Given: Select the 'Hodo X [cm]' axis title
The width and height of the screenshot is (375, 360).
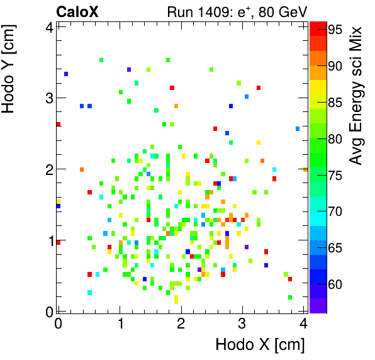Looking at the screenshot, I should click(260, 345).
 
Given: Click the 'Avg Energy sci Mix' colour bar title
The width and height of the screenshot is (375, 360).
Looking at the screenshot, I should click(357, 96).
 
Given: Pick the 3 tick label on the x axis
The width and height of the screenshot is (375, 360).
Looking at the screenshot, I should click(243, 324).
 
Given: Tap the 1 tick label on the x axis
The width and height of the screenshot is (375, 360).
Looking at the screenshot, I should click(120, 324).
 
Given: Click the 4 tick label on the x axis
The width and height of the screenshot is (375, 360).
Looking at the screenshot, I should click(304, 324).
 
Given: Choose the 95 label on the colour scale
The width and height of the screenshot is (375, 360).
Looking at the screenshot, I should click(334, 29).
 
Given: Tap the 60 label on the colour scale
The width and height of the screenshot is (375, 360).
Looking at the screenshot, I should click(334, 284).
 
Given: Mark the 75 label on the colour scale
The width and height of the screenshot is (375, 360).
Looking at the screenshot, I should click(334, 175).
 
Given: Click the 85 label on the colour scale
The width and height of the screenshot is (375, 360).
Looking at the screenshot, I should click(334, 102).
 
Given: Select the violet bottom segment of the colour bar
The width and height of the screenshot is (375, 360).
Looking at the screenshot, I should click(318, 305).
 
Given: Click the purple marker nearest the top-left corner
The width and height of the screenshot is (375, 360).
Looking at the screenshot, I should click(66, 74).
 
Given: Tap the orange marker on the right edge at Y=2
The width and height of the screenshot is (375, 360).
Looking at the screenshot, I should click(305, 169).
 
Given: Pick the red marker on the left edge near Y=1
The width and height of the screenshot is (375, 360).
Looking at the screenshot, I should click(59, 242).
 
